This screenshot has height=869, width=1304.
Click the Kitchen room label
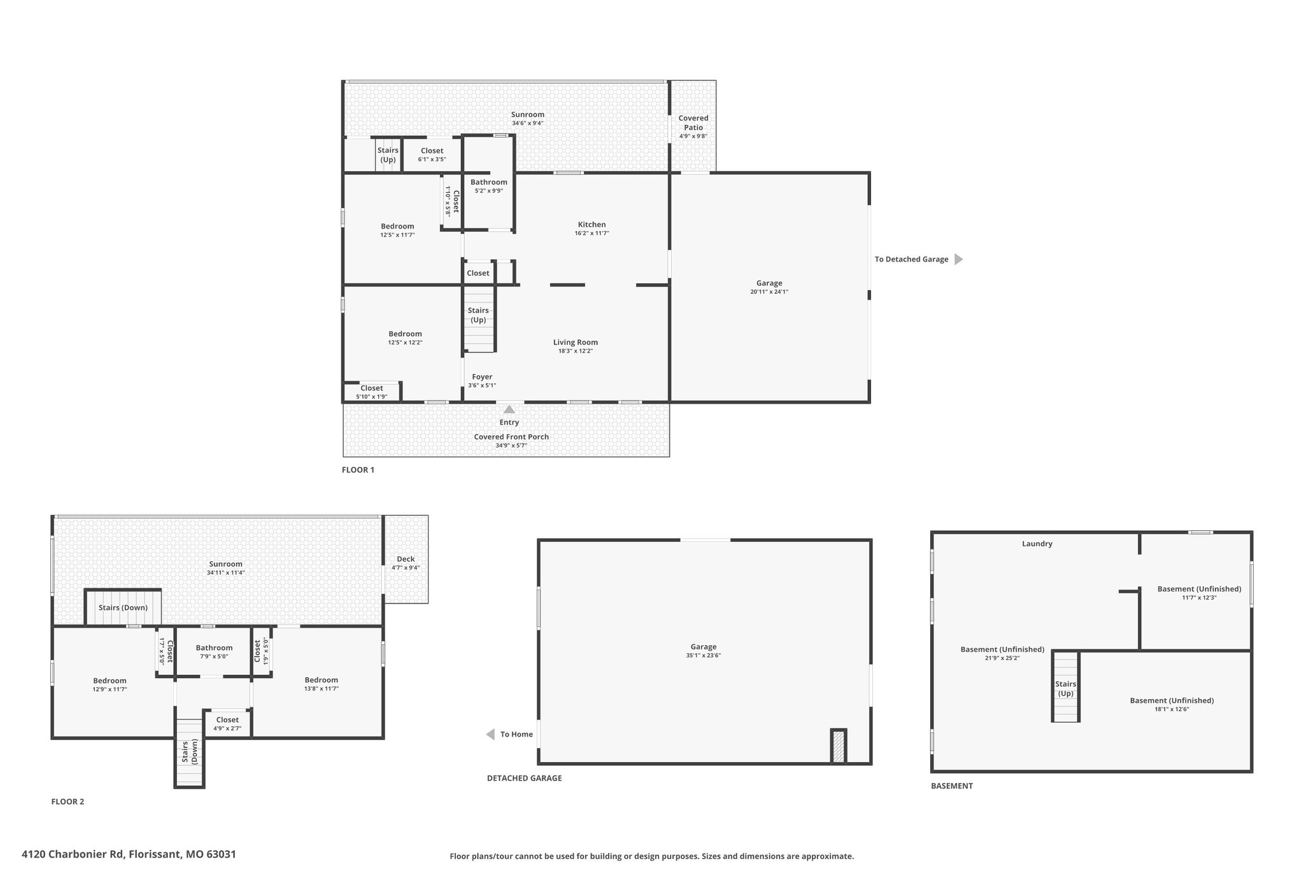pyautogui.click(x=592, y=225)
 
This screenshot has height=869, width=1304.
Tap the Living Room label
pyautogui.click(x=576, y=343)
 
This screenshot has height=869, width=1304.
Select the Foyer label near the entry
pyautogui.click(x=482, y=377)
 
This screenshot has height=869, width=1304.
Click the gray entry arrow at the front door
pyautogui.click(x=509, y=409)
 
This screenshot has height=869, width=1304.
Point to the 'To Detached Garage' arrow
pyautogui.click(x=958, y=259)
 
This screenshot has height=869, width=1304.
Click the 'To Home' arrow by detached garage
pyautogui.click(x=490, y=735)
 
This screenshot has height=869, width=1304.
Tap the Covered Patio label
pyautogui.click(x=693, y=123)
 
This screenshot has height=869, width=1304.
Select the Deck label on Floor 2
pyautogui.click(x=406, y=559)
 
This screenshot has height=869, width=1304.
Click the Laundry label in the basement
pyautogui.click(x=1037, y=544)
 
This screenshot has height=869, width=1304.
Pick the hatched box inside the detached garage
pyautogui.click(x=839, y=746)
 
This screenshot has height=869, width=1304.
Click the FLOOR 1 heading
pyautogui.click(x=358, y=470)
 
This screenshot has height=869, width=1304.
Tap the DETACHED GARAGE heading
pyautogui.click(x=525, y=778)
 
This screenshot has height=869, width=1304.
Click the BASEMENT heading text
pyautogui.click(x=952, y=786)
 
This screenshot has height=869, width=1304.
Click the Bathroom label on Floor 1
pyautogui.click(x=489, y=182)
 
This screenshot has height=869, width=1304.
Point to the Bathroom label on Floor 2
pyautogui.click(x=214, y=648)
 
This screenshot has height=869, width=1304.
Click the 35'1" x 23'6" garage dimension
pyautogui.click(x=704, y=655)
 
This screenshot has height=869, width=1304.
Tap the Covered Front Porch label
pyautogui.click(x=511, y=437)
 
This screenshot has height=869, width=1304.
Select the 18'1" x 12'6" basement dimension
pyautogui.click(x=1172, y=709)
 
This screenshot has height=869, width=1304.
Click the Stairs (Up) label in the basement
pyautogui.click(x=1065, y=689)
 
